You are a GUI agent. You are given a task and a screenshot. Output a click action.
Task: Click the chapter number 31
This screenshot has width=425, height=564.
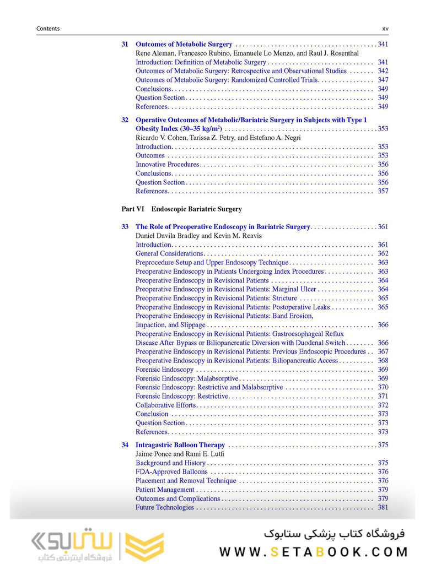[125, 44]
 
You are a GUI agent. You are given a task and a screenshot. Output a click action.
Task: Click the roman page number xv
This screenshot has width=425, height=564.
[385, 29]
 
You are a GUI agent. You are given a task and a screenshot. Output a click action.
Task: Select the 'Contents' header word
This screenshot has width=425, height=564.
[48, 29]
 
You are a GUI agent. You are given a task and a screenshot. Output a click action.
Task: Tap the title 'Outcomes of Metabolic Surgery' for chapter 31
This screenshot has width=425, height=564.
[184, 44]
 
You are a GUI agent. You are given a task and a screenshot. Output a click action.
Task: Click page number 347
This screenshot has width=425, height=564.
[383, 80]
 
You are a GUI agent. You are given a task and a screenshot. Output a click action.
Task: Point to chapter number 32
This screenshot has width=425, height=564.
[125, 120]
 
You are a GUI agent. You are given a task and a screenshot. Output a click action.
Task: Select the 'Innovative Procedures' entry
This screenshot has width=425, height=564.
[168, 164]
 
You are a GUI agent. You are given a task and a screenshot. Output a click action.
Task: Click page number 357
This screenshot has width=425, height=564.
[383, 191]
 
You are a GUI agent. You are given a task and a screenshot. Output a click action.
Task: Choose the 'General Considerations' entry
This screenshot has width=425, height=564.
[169, 253]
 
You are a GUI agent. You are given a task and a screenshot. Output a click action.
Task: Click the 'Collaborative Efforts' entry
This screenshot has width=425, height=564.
[166, 405]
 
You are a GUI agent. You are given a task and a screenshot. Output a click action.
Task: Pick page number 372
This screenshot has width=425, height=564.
[383, 405]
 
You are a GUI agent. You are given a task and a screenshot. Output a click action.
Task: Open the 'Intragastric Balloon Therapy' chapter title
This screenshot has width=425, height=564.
[180, 445]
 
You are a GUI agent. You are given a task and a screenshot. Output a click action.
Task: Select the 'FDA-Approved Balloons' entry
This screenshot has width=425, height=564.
[171, 471]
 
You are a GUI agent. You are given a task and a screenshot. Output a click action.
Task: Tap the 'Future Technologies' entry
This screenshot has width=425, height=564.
[165, 507]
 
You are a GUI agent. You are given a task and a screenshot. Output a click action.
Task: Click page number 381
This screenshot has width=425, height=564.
[383, 507]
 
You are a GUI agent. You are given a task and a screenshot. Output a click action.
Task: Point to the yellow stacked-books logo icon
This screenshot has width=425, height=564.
[144, 545]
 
